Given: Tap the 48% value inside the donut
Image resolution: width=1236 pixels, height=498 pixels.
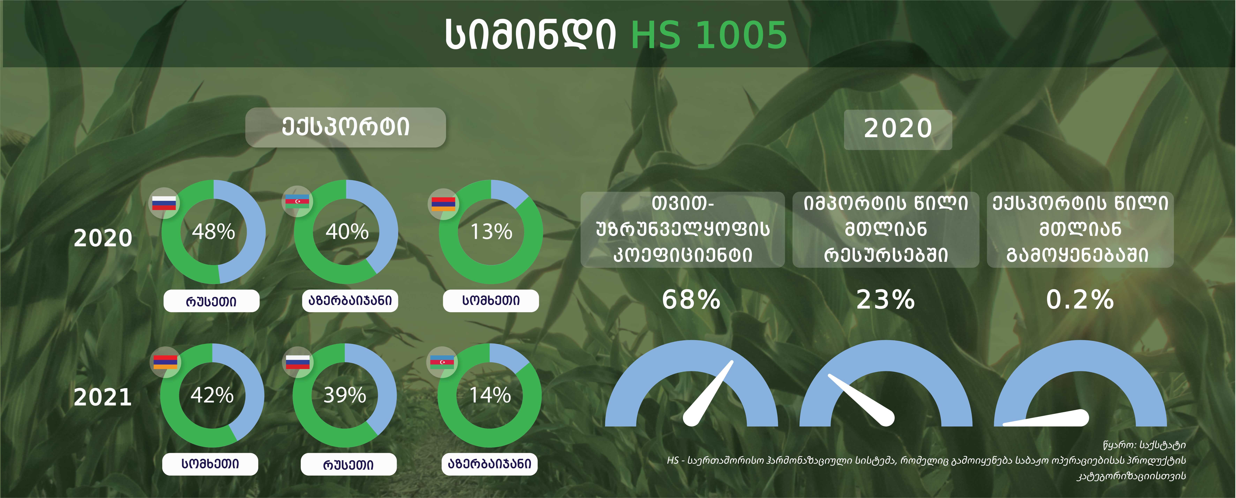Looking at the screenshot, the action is tap(213, 232).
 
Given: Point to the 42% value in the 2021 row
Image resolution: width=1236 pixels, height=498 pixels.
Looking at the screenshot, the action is tap(212, 395).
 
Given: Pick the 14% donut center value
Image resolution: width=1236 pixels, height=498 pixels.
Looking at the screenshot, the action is tap(490, 395).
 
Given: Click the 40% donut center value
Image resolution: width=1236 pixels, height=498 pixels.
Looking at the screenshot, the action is tap(347, 232).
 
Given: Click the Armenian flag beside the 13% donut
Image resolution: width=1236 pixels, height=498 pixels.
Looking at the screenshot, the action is tap(443, 203).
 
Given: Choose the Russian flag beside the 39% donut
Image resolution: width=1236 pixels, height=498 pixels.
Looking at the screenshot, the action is tap(298, 362).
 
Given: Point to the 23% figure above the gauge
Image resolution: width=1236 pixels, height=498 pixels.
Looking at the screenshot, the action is tap(886, 299).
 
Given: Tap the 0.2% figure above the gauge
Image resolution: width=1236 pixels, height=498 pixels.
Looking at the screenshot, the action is tap(1080, 299).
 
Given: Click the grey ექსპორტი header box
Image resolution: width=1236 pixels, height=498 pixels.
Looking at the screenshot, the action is tap(345, 127).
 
